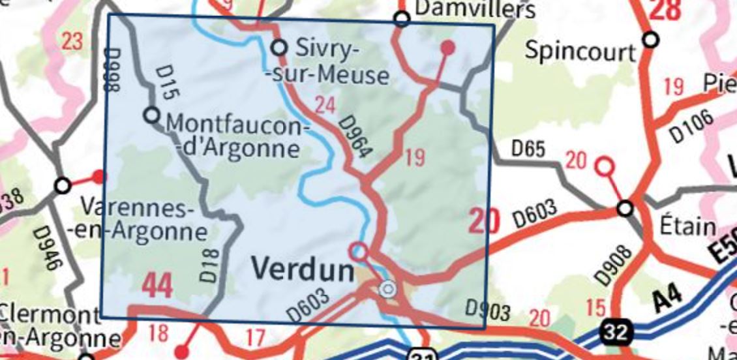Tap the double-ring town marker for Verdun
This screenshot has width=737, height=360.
388,288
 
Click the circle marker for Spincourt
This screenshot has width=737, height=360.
650,40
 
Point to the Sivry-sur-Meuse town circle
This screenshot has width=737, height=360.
279,48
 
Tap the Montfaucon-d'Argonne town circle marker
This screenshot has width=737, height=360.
151,115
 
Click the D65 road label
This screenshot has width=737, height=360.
528,150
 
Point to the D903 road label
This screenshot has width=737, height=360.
486,311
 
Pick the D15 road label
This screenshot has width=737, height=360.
168,83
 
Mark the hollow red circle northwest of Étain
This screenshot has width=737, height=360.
605,167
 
